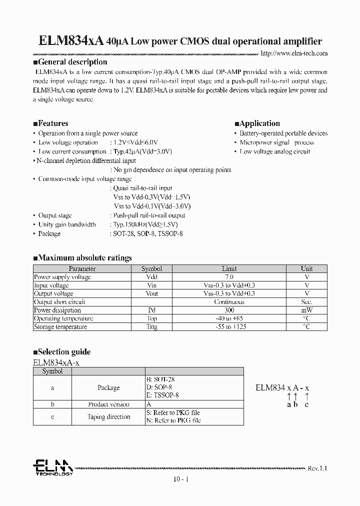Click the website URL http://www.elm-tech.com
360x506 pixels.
click(294, 53)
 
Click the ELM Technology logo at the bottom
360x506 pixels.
click(53, 468)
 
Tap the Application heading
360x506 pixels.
click(257, 123)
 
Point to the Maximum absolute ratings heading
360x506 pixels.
click(82, 258)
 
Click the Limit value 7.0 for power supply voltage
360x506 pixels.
click(229, 276)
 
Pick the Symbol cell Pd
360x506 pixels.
click(152, 310)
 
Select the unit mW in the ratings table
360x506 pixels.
click(306, 310)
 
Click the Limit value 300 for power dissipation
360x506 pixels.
click(229, 310)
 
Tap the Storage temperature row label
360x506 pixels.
click(60, 327)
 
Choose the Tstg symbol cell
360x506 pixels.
click(152, 327)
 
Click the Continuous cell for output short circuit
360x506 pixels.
click(229, 302)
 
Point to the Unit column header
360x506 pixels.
click(306, 268)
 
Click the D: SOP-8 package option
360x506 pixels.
click(159, 387)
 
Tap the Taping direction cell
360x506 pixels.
click(108, 416)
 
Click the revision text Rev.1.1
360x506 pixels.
click(316, 468)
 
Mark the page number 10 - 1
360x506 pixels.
click(180, 479)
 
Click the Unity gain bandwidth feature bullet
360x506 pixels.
click(67, 224)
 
